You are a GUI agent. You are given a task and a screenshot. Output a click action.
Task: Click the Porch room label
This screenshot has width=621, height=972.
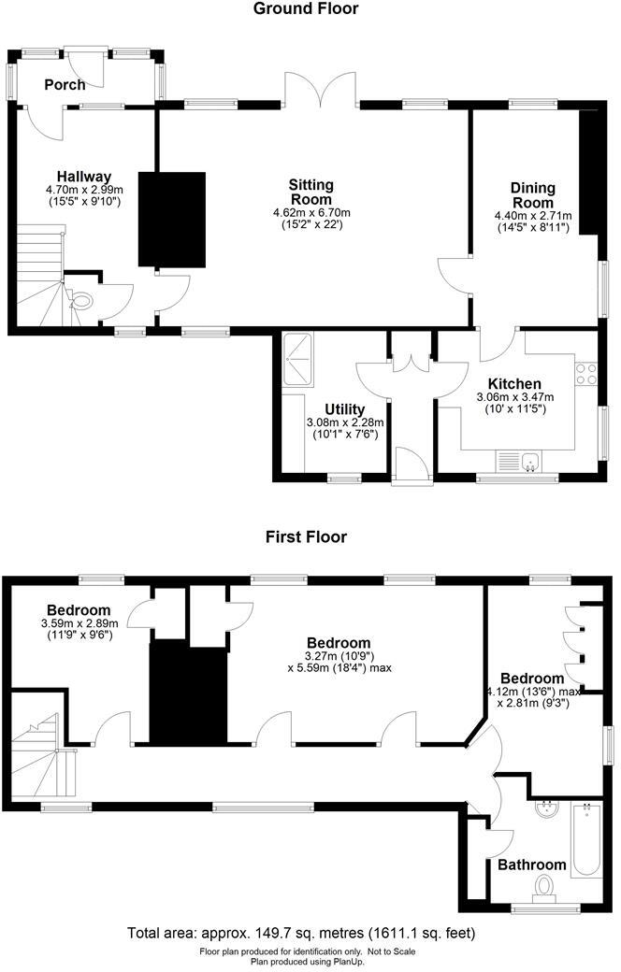(65, 85)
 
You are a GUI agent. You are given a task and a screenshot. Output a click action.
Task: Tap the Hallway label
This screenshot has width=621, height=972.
(84, 177)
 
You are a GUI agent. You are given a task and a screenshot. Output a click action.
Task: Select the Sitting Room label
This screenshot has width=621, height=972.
(310, 192)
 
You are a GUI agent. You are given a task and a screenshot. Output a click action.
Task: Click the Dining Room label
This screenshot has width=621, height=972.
(532, 195)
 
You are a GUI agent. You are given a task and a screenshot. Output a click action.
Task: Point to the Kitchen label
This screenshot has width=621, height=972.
(513, 384)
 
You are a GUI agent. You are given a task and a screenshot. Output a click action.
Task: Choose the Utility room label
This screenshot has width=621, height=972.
(344, 409)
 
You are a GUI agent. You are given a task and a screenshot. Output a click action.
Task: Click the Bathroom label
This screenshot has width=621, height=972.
(531, 865)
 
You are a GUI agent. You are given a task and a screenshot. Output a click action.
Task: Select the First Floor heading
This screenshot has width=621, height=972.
(306, 536)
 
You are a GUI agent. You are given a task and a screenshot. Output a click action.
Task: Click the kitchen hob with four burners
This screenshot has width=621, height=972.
(585, 374)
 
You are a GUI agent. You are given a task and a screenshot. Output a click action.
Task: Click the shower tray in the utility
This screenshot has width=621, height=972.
(300, 355)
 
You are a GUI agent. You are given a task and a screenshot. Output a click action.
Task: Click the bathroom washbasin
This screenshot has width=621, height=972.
(545, 810)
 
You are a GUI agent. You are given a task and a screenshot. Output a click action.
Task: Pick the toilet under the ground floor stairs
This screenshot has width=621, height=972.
(81, 301)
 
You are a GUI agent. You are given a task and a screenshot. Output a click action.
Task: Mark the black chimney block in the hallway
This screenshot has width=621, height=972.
(171, 220)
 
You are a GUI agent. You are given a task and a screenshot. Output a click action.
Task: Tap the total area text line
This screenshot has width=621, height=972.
(301, 933)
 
